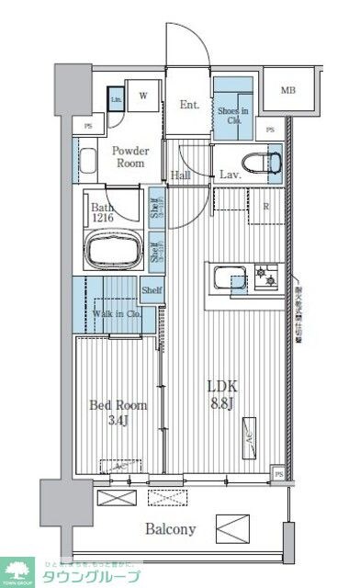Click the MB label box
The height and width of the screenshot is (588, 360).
coord(288,90)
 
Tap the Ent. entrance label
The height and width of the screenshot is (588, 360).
coord(190,105)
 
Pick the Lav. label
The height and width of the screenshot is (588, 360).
coord(231,175)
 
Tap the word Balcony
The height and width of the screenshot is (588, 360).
coord(169,529)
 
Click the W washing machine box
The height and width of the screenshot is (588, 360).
coord(143,95)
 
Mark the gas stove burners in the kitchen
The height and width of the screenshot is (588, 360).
coord(267,275)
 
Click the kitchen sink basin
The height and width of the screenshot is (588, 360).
coord(230,277)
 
